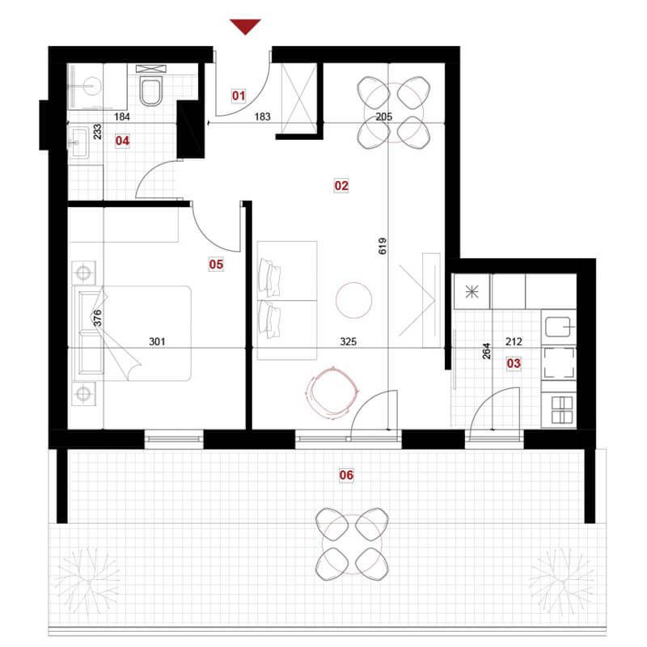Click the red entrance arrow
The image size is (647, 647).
(245, 27)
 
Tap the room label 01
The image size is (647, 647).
(239, 95)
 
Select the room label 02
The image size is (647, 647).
(341, 186)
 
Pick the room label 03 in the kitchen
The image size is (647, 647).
(514, 363)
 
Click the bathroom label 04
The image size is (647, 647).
(122, 141)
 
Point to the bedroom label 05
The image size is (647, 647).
(216, 264)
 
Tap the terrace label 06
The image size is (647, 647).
(346, 475)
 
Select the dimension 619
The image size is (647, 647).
(383, 246)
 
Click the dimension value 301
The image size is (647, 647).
(157, 341)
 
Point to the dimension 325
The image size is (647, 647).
(348, 341)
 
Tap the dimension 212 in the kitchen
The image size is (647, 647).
(514, 341)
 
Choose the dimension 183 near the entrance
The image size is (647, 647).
(262, 116)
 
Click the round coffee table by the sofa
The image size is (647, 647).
(353, 300)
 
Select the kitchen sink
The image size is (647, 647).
(558, 328)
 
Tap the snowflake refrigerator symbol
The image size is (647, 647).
(472, 292)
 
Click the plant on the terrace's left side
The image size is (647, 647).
(88, 581)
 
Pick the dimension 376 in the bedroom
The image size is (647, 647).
(97, 318)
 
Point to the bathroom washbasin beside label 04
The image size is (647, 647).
(78, 143)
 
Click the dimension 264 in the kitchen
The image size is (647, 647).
(487, 351)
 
